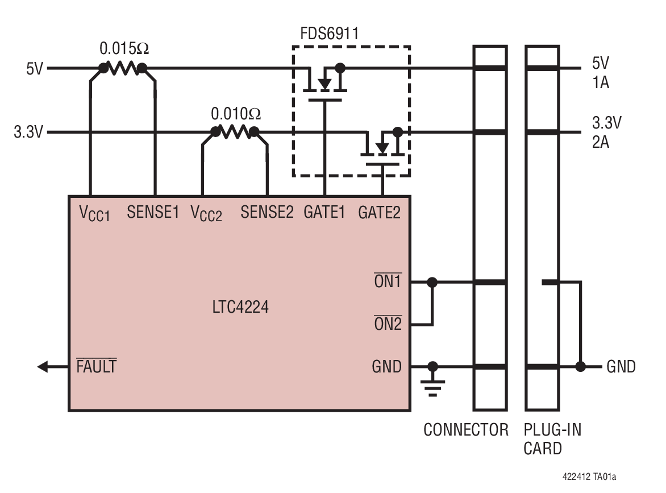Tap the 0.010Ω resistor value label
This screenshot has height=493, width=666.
click(236, 114)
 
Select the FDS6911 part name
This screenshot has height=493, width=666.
click(330, 34)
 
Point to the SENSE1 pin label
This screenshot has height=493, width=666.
click(153, 213)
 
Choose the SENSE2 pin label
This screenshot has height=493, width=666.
click(267, 213)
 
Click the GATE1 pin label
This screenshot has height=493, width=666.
click(324, 213)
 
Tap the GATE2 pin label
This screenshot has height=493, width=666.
click(379, 213)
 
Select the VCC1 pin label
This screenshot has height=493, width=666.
click(94, 214)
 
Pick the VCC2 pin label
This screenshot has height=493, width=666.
click(206, 214)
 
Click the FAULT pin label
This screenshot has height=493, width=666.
click(97, 367)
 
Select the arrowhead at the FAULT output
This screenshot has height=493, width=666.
click(43, 367)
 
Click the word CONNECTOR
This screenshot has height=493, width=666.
click(466, 430)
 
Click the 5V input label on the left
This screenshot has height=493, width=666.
click(34, 69)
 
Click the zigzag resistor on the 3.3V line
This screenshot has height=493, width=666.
click(235, 132)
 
